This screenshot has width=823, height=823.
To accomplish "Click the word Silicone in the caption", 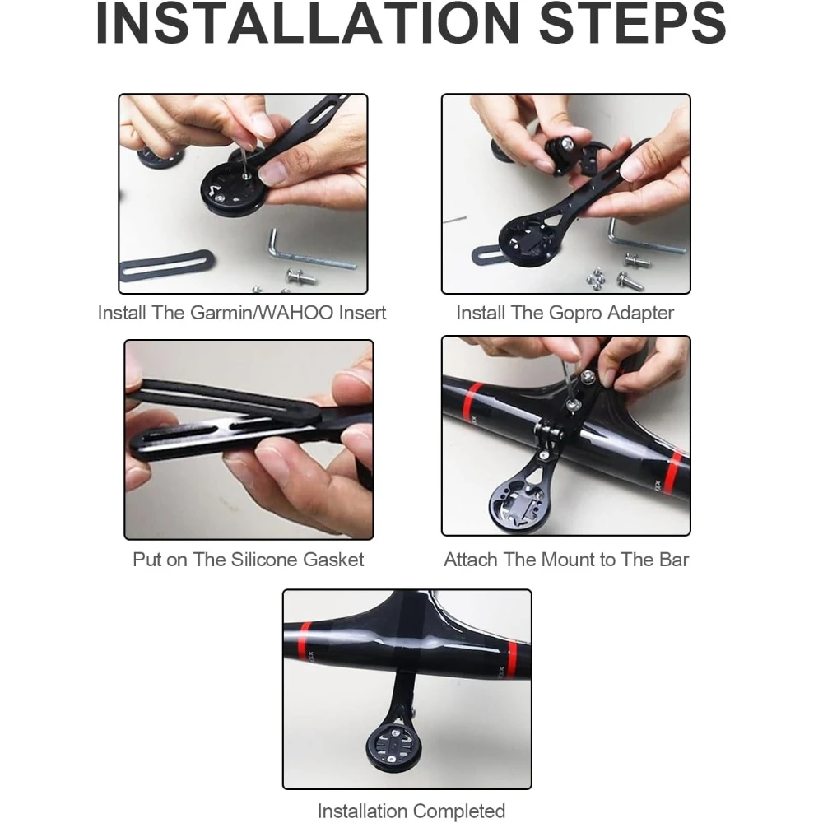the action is (264, 560).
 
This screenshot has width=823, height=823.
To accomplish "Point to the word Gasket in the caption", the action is (333, 560).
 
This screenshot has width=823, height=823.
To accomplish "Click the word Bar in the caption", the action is (674, 560).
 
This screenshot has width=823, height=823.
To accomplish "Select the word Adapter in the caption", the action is (640, 314).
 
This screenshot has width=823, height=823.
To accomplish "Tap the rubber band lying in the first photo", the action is (167, 265).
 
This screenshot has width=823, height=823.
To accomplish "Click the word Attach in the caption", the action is (470, 560).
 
